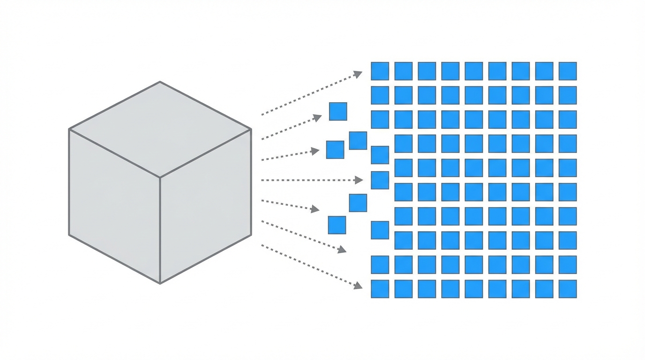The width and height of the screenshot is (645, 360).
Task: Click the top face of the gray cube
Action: click(160, 129)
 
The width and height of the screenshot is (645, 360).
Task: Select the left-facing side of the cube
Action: click(114, 206)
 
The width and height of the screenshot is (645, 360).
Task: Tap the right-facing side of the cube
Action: click(205, 206)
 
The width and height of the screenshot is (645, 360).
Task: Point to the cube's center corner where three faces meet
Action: click(160, 177)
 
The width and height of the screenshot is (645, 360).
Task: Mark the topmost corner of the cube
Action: click(160, 82)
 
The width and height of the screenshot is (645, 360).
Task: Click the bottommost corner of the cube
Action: click(160, 283)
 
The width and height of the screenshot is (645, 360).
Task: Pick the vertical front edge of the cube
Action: click(160, 230)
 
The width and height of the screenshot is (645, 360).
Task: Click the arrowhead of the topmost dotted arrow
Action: click(359, 73)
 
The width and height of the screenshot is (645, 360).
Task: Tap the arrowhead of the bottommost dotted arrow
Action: click(359, 285)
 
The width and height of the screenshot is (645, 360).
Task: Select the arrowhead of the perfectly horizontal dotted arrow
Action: click(360, 180)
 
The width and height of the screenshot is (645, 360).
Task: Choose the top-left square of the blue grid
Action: click(380, 71)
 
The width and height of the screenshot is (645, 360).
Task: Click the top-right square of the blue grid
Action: click(568, 71)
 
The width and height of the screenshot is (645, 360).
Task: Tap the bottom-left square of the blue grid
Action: click(380, 289)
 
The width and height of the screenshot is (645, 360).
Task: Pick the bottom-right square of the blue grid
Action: click(568, 289)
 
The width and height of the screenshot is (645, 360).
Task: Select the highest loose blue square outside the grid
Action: click(338, 112)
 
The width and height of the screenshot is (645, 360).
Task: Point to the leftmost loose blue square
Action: click(335, 150)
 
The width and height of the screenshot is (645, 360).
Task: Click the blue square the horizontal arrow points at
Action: click(380, 180)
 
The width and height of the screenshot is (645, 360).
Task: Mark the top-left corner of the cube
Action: click(69, 129)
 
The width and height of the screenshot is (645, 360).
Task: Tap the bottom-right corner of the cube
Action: click(251, 235)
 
